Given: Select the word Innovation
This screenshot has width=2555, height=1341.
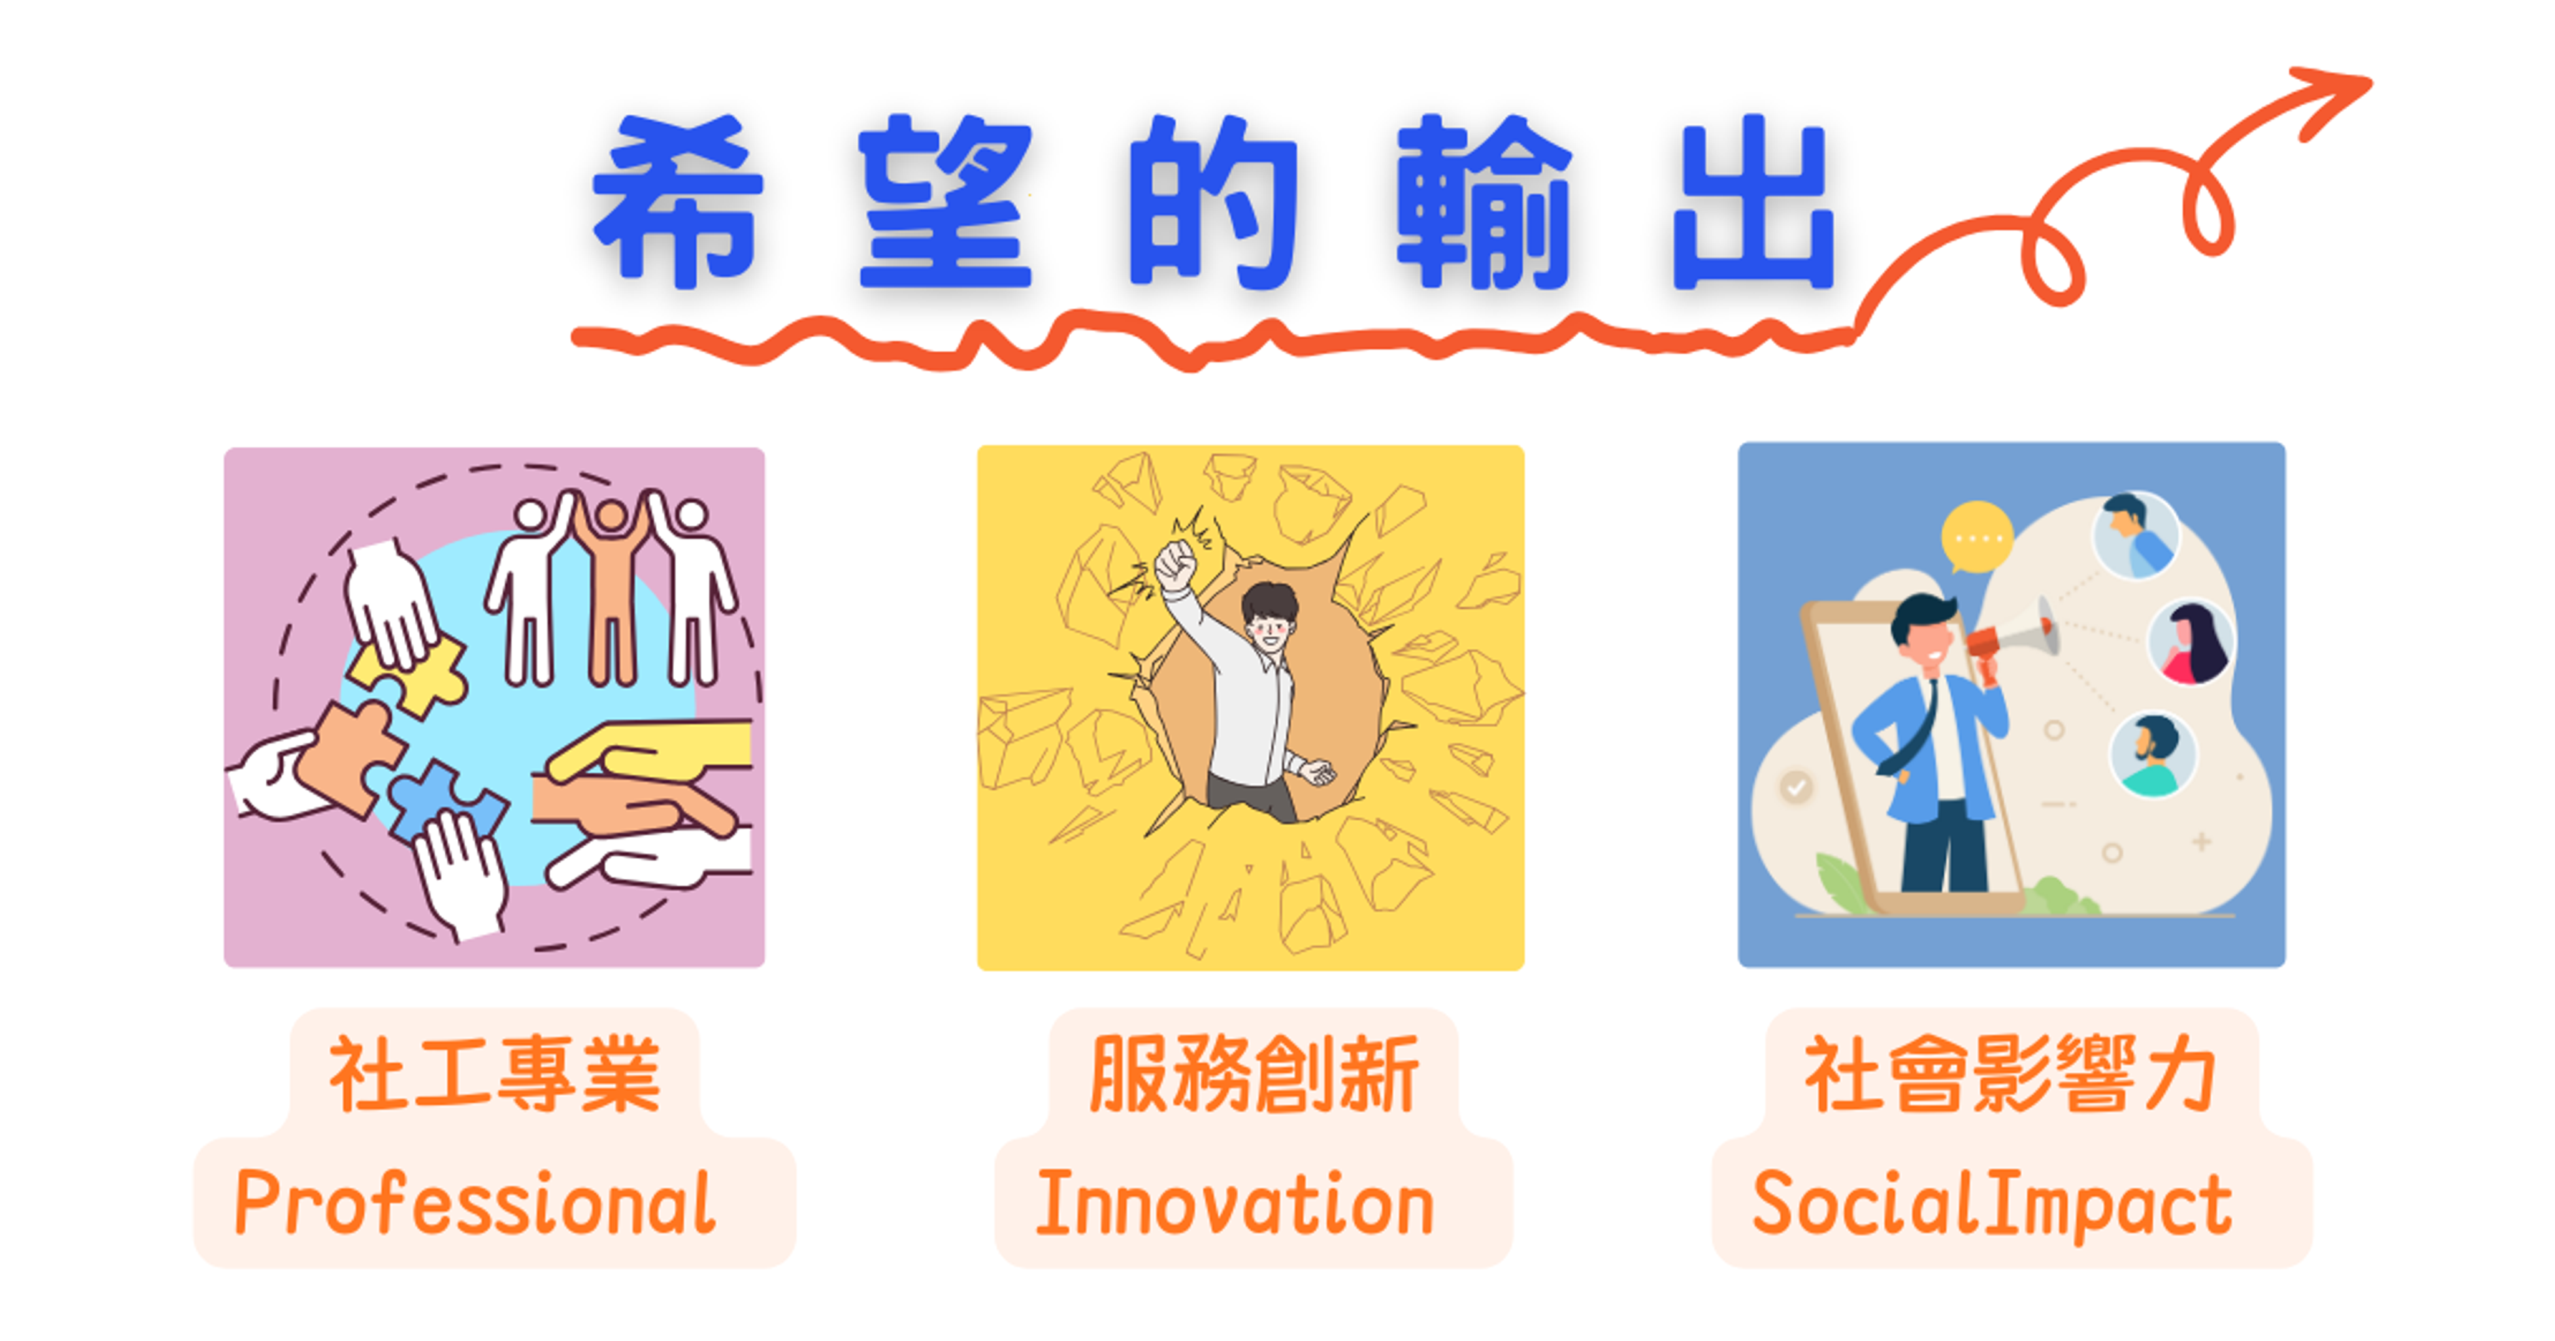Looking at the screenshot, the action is coord(1235,1202).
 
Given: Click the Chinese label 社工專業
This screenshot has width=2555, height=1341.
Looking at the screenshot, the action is coord(494,1074).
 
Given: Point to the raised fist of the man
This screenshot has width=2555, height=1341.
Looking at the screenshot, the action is coord(1176,565).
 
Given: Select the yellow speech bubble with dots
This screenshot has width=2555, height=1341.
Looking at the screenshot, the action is coord(1977,538).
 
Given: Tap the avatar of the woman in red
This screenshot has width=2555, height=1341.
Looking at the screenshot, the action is coord(2191,642).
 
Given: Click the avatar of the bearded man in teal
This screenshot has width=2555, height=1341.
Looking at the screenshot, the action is coord(2152,754).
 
